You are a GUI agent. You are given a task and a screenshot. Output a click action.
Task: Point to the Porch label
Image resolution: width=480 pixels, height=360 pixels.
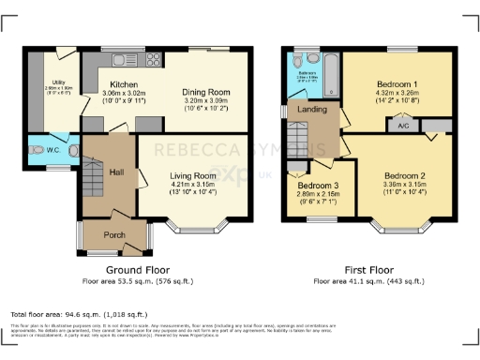pyautogui.click(x=114, y=234)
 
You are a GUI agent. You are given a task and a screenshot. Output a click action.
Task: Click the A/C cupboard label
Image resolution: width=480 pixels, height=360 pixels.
pyautogui.click(x=403, y=125)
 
